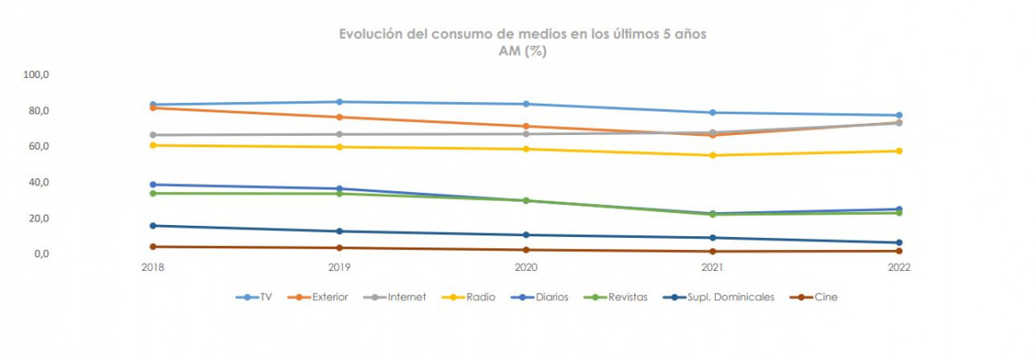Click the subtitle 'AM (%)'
coord(523,51)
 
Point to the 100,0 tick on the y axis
coord(40,74)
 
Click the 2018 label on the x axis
coord(152,267)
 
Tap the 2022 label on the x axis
coord(898,267)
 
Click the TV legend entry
coord(257,297)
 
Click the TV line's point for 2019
coord(339,102)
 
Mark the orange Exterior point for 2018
coord(152,107)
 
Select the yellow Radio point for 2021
coord(712,156)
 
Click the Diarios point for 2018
coord(152,184)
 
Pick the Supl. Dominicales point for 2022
coord(898,243)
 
